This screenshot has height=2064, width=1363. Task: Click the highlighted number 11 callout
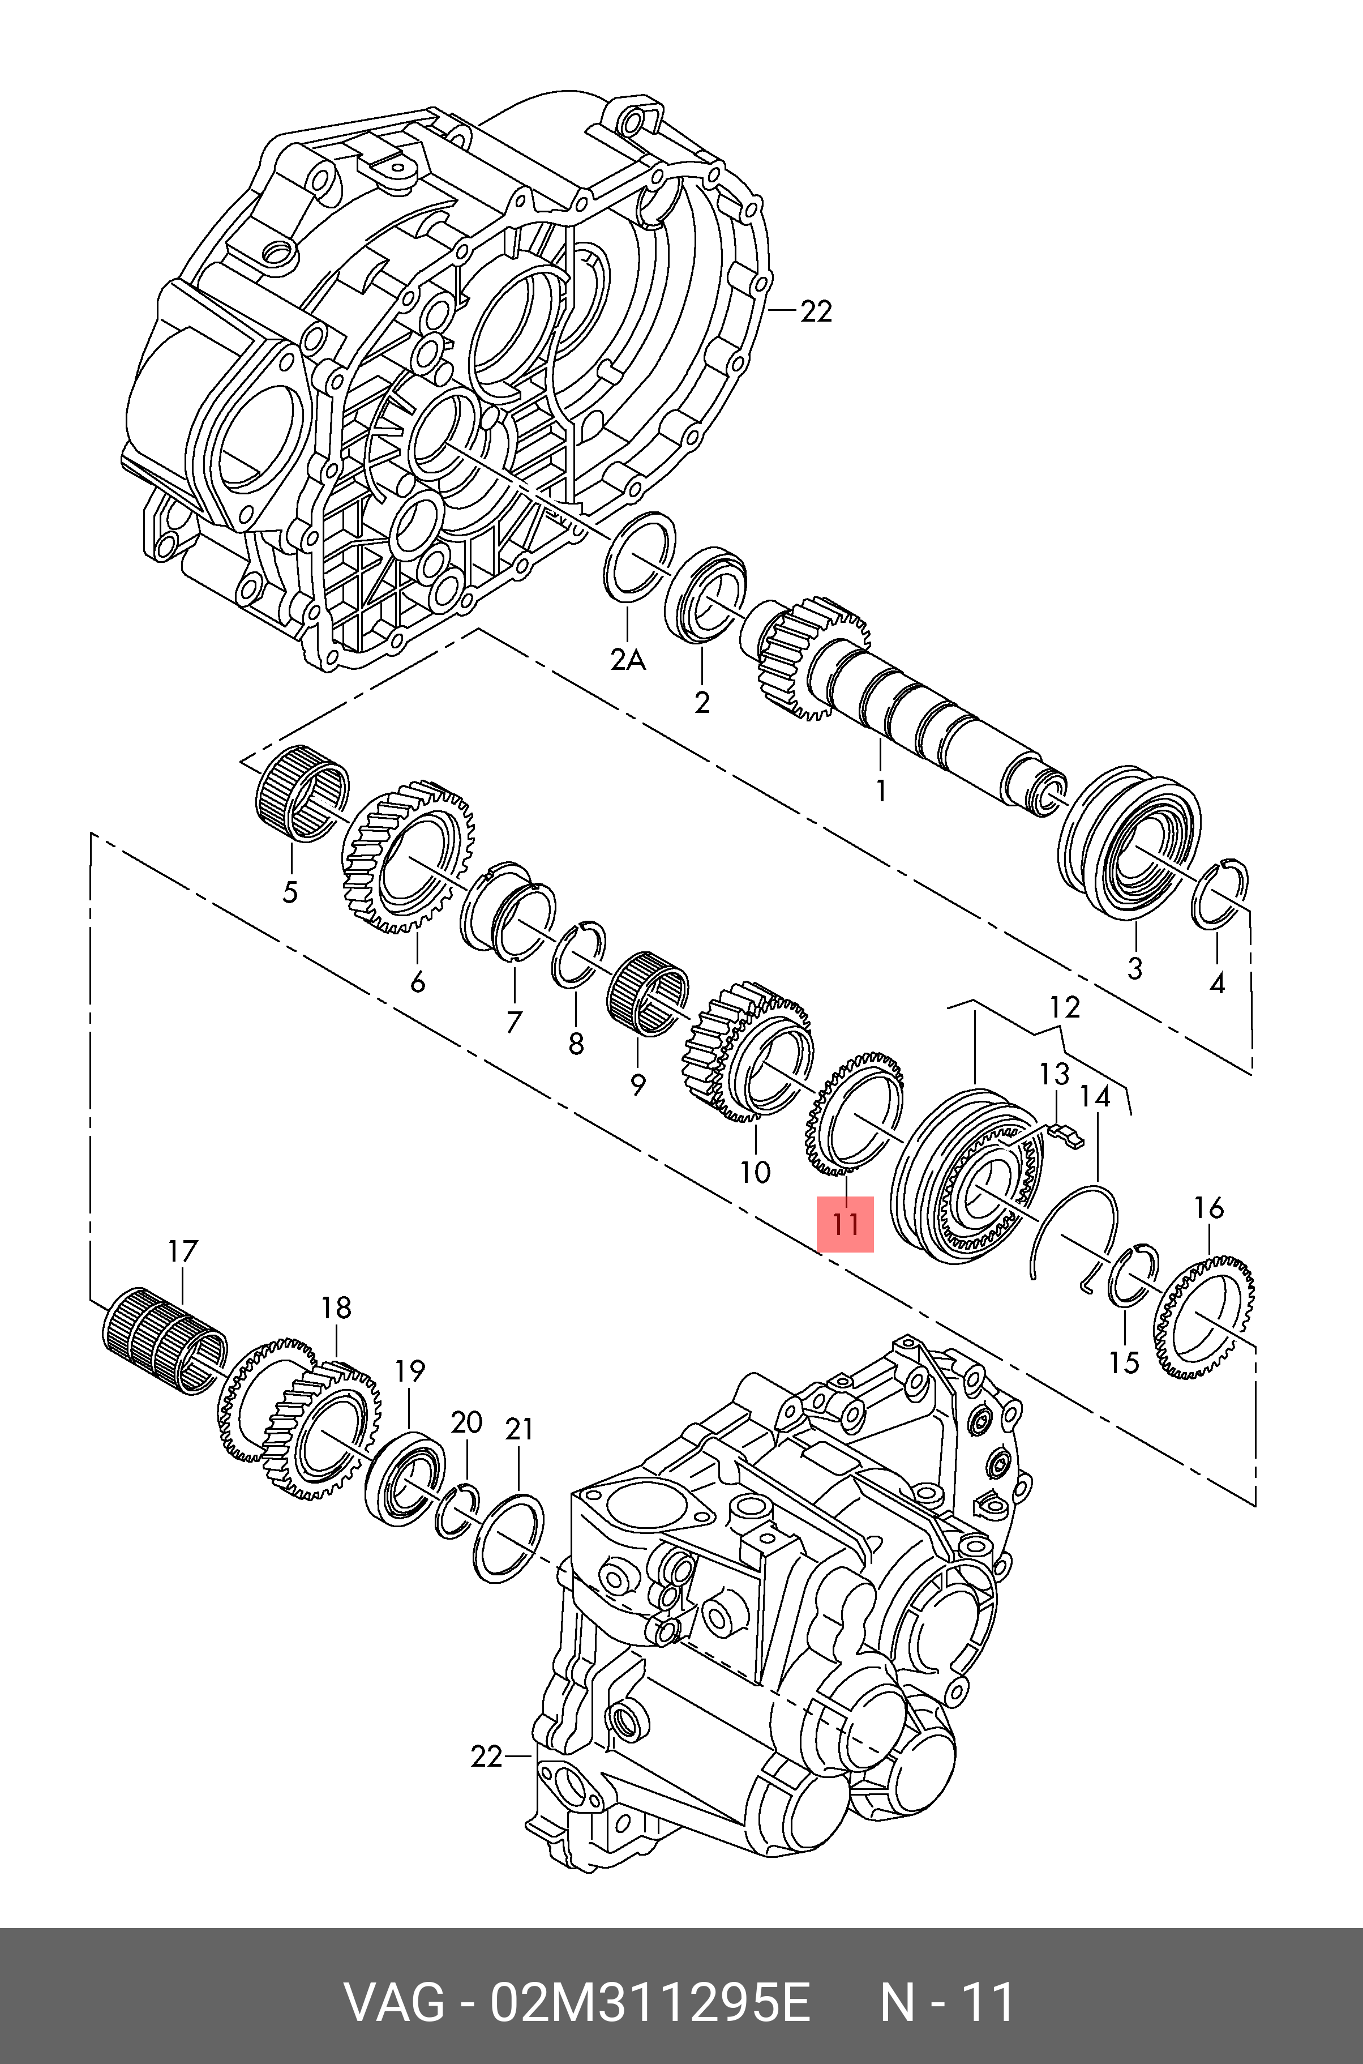pyautogui.click(x=845, y=1224)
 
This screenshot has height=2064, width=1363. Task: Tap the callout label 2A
pyautogui.click(x=628, y=661)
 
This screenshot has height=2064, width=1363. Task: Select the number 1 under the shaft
pyautogui.click(x=881, y=791)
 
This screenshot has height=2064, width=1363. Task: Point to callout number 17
pyautogui.click(x=182, y=1252)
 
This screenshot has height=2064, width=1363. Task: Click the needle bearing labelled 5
pyautogui.click(x=302, y=794)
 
